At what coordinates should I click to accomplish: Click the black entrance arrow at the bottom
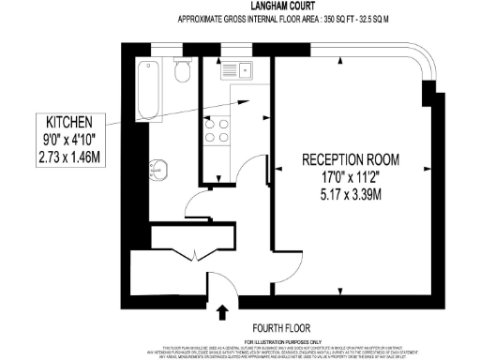point(224,311)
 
